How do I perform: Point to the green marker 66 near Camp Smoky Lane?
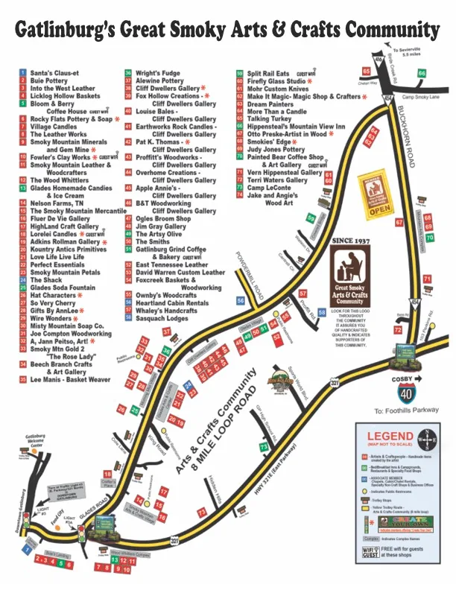422,73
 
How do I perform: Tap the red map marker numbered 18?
107,475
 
